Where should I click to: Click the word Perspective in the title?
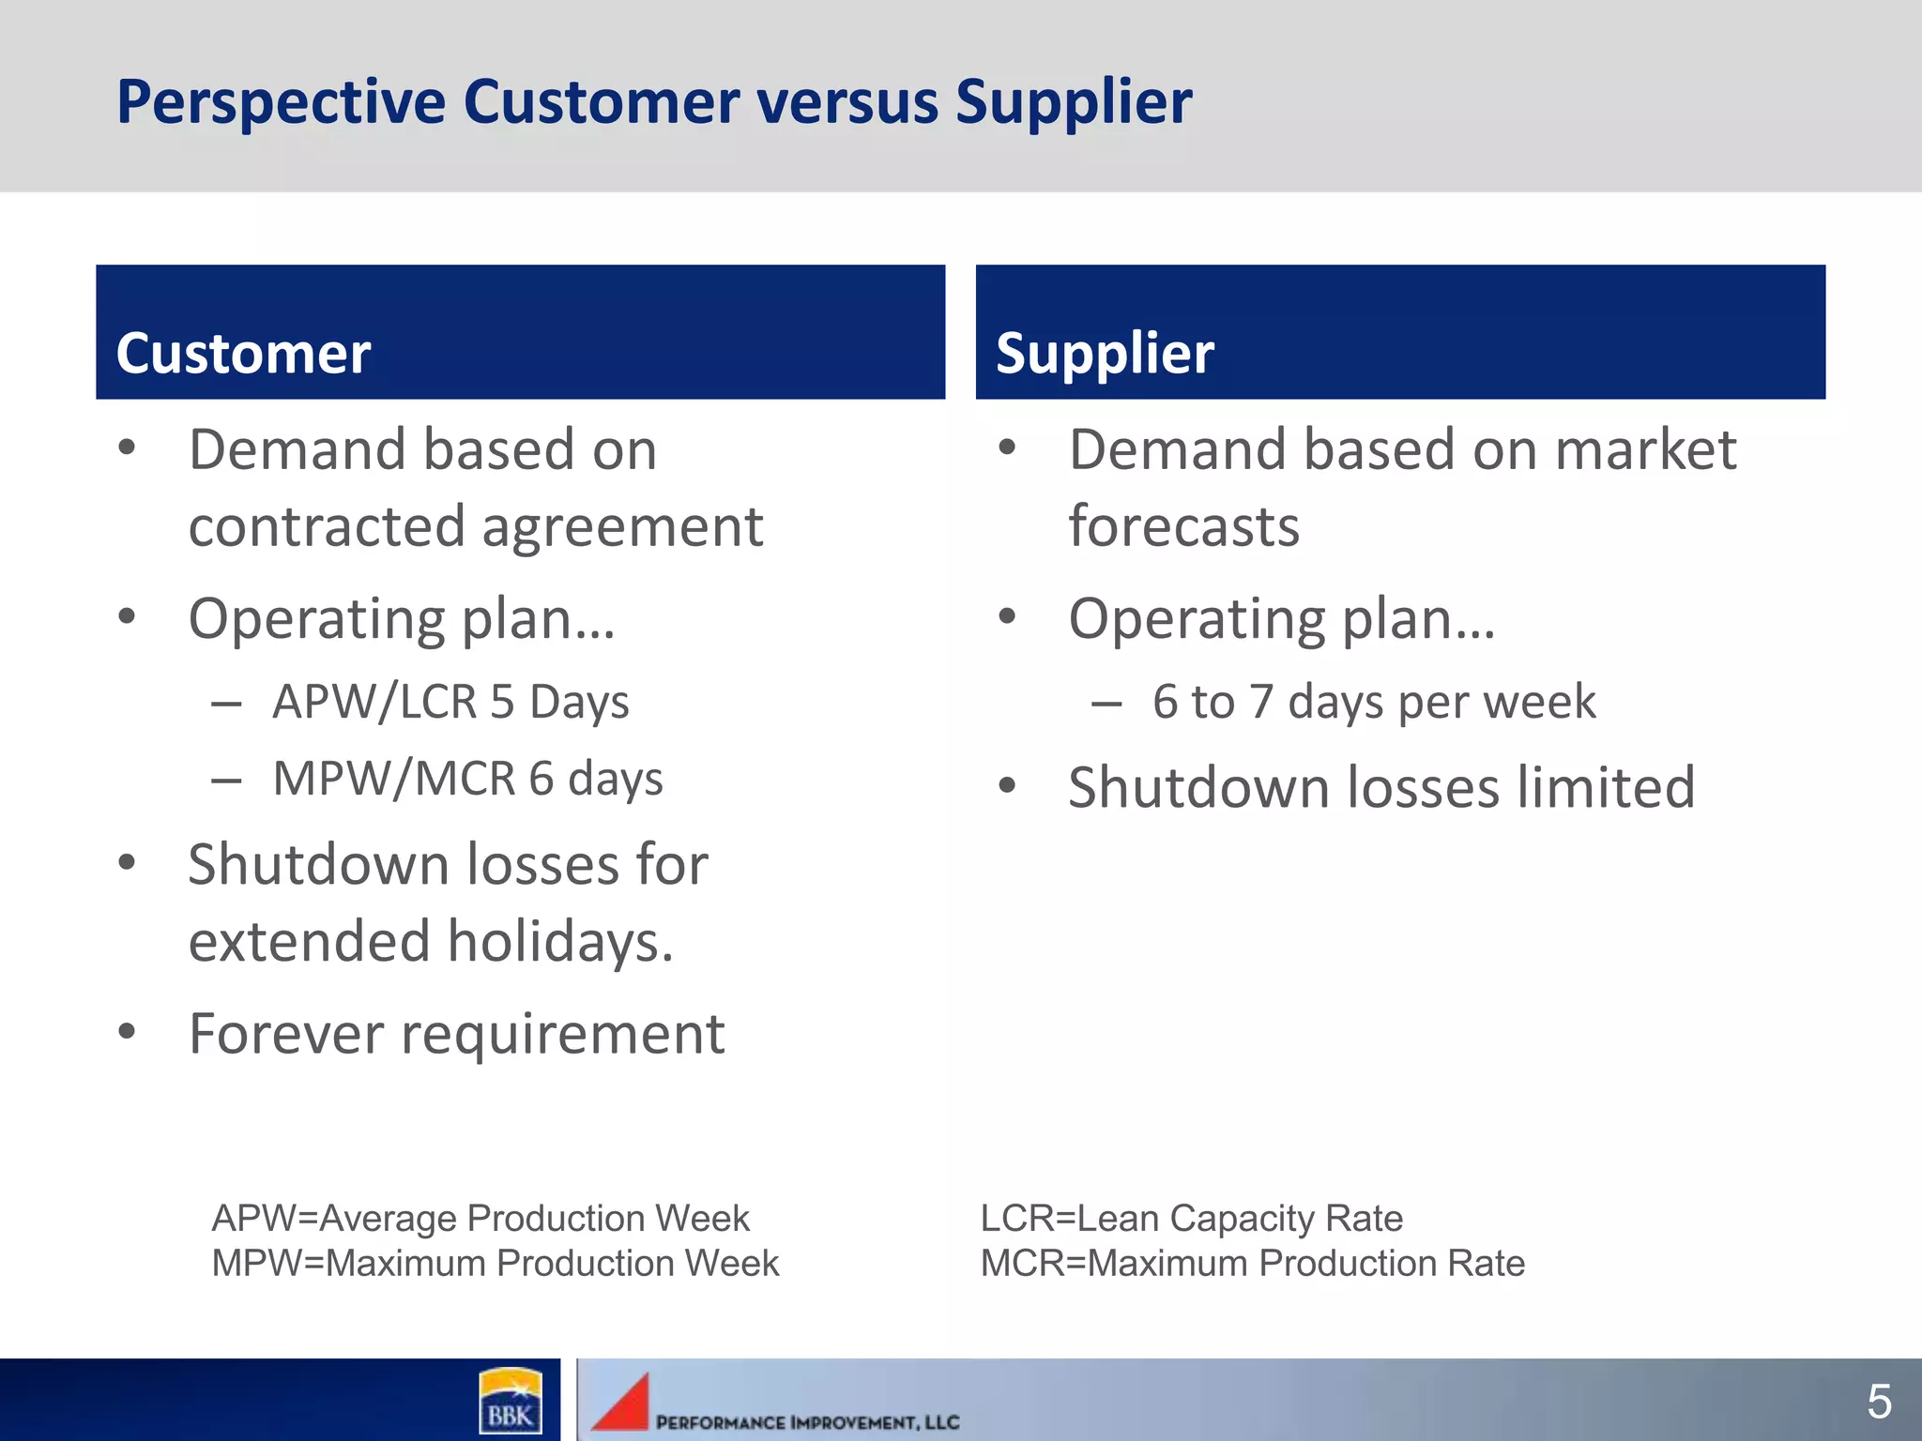coord(281,102)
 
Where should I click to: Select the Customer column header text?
coord(243,354)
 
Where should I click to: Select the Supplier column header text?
coord(1105,354)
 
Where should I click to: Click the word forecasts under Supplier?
coord(1184,526)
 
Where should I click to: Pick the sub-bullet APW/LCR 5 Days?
coord(450,702)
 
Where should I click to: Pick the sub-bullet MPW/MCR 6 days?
coord(467,779)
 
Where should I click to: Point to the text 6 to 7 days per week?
coord(1374,702)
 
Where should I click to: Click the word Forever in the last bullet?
coord(286,1034)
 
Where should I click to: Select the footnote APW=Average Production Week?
coord(480,1218)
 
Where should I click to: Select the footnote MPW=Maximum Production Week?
coord(496,1263)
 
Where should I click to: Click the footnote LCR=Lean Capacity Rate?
coord(1191,1218)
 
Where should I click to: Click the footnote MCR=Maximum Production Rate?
coord(1252,1263)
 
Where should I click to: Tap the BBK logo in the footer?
coord(510,1401)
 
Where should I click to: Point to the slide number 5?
coord(1879,1402)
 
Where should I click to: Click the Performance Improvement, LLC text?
coord(807,1422)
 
